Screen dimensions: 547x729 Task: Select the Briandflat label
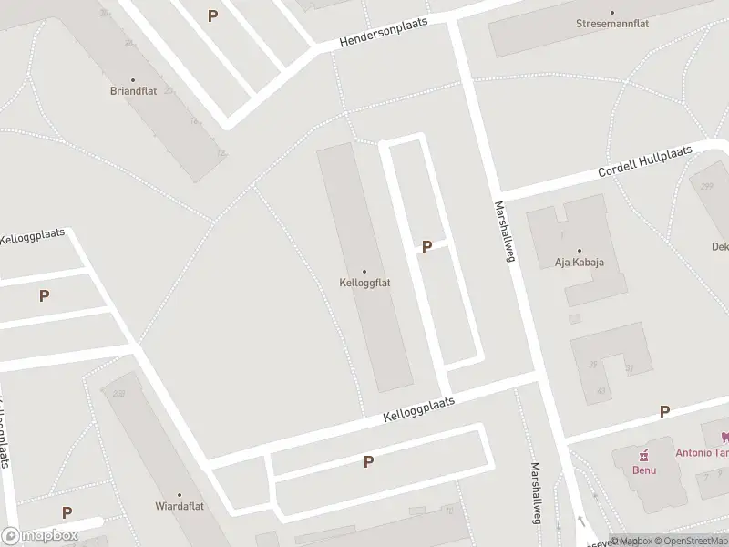coord(133,91)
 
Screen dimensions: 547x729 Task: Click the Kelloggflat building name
coord(364,283)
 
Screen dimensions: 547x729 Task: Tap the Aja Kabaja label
coord(580,263)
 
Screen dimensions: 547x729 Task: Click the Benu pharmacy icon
coord(645,455)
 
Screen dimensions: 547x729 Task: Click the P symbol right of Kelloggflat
coord(426,246)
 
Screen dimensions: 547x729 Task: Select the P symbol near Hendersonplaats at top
coord(212,15)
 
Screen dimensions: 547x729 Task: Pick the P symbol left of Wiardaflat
coord(67,513)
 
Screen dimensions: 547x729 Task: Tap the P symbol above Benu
coord(664,412)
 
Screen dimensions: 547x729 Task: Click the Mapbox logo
coord(39,535)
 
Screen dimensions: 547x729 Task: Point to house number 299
coord(706,186)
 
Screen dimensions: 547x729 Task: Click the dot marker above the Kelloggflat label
coord(364,271)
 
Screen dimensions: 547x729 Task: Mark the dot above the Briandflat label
coord(133,80)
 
